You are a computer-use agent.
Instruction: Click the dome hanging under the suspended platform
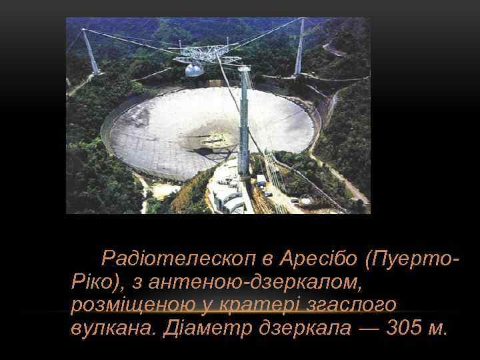tap(193, 69)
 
